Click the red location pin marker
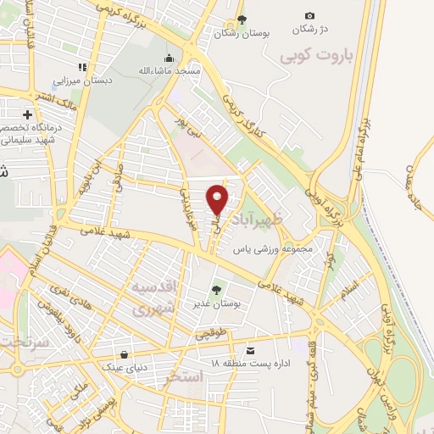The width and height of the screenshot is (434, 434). [218, 199]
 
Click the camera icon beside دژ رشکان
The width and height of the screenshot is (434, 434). [309, 15]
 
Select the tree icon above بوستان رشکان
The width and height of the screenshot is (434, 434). [242, 19]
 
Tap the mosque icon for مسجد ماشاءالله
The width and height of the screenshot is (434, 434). [170, 58]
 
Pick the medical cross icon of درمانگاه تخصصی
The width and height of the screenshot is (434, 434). [28, 114]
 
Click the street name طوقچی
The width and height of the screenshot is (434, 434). [212, 334]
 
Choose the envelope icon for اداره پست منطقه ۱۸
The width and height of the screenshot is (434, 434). [249, 350]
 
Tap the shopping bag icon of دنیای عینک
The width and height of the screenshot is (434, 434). [125, 354]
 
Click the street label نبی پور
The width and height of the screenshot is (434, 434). [184, 133]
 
